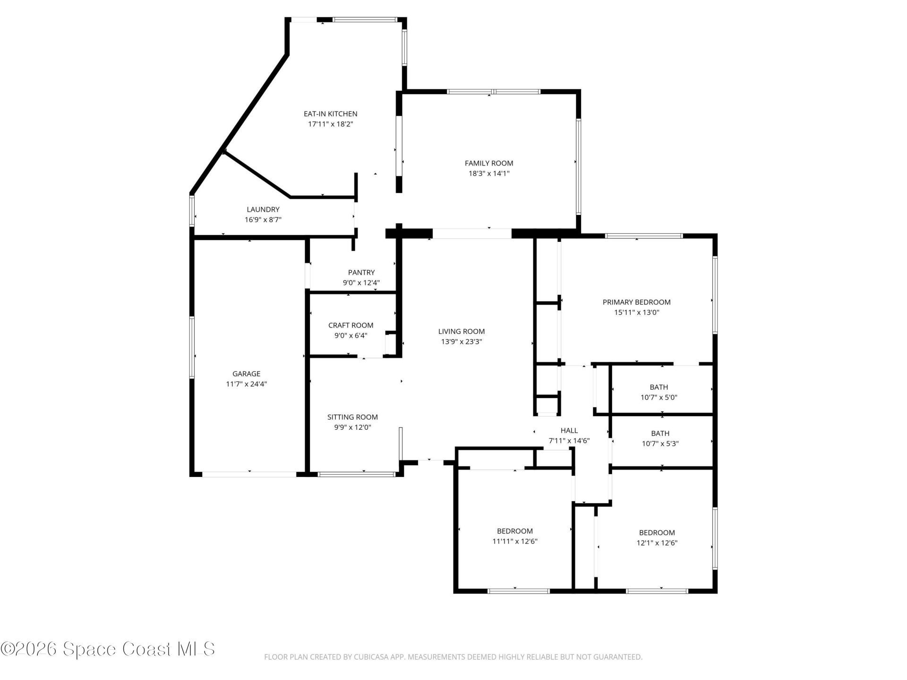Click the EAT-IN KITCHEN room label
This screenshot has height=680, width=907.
click(x=330, y=114)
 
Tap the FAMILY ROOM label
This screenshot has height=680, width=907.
click(x=489, y=163)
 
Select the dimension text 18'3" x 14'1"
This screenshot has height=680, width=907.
click(x=489, y=174)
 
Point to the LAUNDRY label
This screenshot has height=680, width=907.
click(x=263, y=210)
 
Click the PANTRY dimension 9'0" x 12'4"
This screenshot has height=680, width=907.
click(x=361, y=283)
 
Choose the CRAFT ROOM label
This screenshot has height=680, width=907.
click(x=351, y=325)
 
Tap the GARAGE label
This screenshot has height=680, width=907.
click(x=247, y=374)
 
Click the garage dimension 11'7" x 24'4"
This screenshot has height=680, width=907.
click(x=247, y=384)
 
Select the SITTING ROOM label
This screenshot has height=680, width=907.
click(x=353, y=417)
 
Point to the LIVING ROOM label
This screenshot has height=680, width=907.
click(x=462, y=331)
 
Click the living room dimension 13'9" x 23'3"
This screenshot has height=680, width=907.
click(x=462, y=342)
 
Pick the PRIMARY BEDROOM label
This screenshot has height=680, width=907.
click(x=637, y=302)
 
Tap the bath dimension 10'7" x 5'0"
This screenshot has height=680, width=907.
click(x=659, y=398)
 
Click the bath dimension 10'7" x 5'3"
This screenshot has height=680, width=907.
click(x=660, y=444)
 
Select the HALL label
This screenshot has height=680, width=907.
click(x=569, y=431)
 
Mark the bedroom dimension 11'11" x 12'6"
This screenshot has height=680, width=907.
click(x=515, y=542)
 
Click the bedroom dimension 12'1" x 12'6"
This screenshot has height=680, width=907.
click(x=657, y=543)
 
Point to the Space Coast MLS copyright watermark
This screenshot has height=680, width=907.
click(x=108, y=649)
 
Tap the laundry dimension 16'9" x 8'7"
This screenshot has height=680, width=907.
click(x=263, y=220)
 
